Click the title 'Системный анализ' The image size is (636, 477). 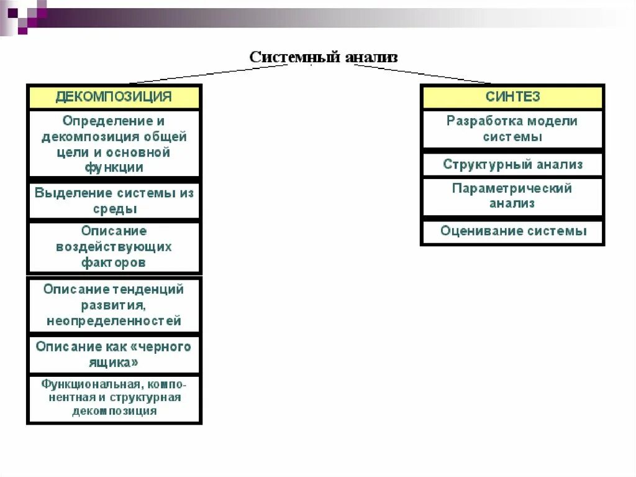coord(324,57)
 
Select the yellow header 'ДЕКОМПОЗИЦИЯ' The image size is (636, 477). coord(114,97)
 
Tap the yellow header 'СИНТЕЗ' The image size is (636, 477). coord(512,97)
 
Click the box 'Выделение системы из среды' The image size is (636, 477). coord(114,201)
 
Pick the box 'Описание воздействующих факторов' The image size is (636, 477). coord(114,247)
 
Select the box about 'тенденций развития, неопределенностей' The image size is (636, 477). coord(114,305)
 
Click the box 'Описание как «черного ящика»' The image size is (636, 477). coord(114,354)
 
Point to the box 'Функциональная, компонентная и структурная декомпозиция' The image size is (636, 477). coord(114,397)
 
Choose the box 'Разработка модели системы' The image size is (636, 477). coord(512,129)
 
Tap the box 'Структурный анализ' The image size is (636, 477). coord(512,165)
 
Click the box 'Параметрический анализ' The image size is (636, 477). coord(512,196)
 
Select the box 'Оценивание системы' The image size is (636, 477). coord(512,231)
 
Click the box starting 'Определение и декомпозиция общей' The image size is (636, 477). coord(114,144)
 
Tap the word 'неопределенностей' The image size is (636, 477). coord(114,322)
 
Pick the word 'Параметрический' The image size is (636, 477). coord(512,188)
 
